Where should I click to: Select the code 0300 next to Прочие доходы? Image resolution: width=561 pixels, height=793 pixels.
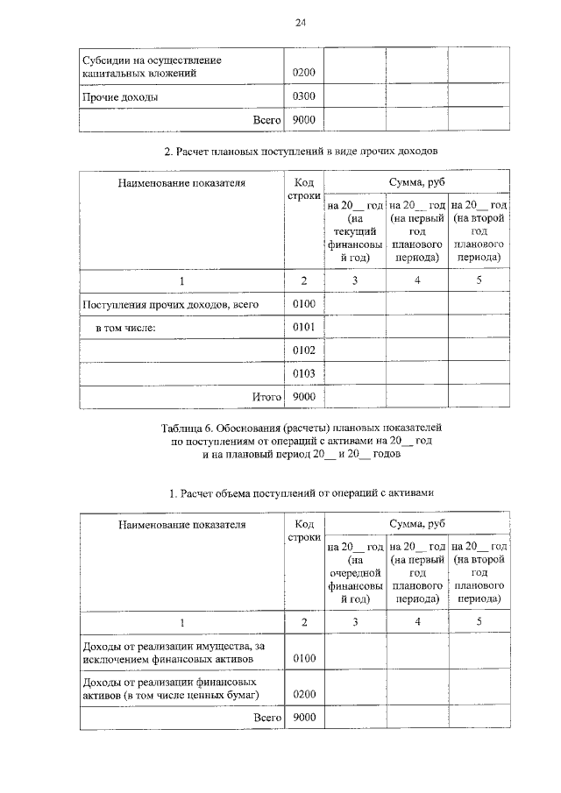click(303, 96)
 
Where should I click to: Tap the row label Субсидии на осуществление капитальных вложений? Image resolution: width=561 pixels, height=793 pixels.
click(151, 67)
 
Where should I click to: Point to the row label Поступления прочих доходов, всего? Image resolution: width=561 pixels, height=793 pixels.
click(170, 304)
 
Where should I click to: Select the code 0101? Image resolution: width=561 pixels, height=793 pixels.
click(303, 328)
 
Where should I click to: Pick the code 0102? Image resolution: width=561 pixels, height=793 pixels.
click(303, 350)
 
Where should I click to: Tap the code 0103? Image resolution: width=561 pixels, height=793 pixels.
click(303, 374)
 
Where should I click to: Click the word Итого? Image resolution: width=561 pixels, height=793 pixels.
click(266, 397)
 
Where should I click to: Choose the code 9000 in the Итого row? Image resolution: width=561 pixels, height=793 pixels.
click(303, 397)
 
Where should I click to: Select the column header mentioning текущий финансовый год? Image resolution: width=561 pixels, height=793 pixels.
click(355, 230)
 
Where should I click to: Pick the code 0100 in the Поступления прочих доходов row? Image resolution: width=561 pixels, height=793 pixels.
click(303, 304)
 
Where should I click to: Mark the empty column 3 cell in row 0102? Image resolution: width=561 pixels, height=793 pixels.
click(355, 350)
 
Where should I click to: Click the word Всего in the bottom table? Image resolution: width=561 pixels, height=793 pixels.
click(266, 717)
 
